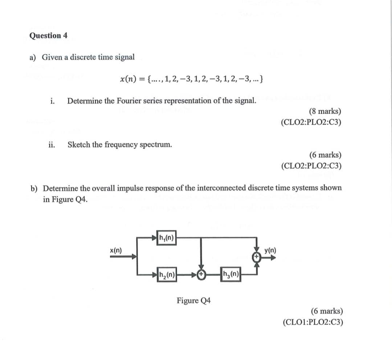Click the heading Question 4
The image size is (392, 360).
(48, 36)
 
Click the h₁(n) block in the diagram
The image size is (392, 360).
(166, 238)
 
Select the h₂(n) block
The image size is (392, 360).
(166, 275)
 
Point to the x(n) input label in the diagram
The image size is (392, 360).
(116, 250)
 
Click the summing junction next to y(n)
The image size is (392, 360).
(257, 256)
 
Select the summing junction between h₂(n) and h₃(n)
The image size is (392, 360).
(201, 275)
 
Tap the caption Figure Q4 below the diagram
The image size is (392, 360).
(194, 301)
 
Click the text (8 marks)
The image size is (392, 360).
(325, 112)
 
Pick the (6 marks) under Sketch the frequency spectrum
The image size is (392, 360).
(325, 155)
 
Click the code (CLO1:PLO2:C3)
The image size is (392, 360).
(313, 322)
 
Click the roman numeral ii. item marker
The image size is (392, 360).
(51, 145)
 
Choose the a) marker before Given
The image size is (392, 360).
(33, 57)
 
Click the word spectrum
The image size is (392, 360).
(157, 145)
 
